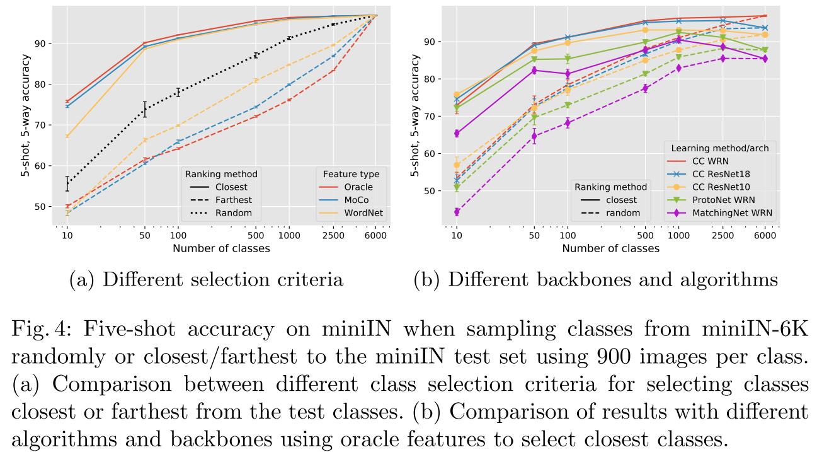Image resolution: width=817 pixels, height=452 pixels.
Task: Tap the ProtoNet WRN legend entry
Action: tap(718, 200)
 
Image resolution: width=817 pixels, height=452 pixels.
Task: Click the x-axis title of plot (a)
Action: tap(221, 248)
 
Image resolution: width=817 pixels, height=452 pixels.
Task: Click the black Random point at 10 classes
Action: tap(67, 183)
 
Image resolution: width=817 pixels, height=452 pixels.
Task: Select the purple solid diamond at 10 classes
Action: tap(457, 134)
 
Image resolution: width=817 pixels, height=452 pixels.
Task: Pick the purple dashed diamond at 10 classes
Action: tap(457, 212)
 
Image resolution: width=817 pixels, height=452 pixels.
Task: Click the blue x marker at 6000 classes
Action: tap(765, 28)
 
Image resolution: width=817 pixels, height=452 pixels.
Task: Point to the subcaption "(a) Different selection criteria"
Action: tap(207, 280)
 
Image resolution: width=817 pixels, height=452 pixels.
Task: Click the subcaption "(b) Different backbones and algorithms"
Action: tap(596, 280)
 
